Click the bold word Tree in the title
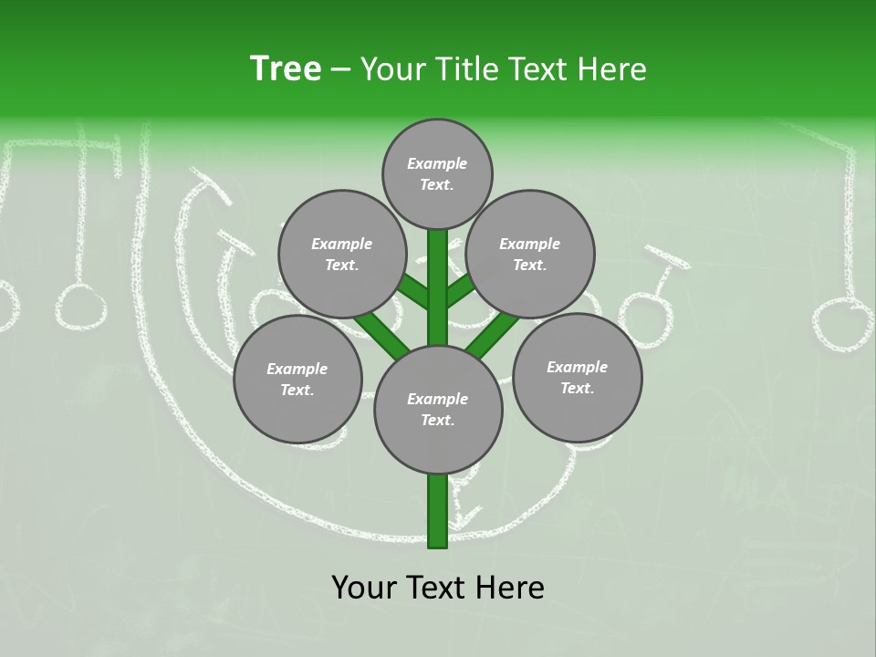pyautogui.click(x=286, y=69)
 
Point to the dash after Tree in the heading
pyautogui.click(x=341, y=70)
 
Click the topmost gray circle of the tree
pyautogui.click(x=437, y=173)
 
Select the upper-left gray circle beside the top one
pyautogui.click(x=341, y=254)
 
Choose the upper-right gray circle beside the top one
pyautogui.click(x=530, y=254)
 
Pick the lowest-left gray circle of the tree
pyautogui.click(x=297, y=379)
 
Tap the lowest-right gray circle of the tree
pyautogui.click(x=577, y=377)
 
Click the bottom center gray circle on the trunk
pyautogui.click(x=438, y=409)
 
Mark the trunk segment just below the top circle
pyautogui.click(x=438, y=265)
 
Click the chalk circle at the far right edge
pyautogui.click(x=842, y=326)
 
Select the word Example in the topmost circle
pyautogui.click(x=437, y=163)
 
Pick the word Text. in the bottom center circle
pyautogui.click(x=437, y=420)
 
